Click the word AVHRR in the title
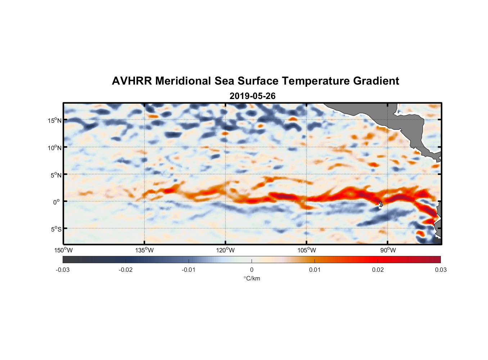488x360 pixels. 132,81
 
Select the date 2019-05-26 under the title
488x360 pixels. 252,96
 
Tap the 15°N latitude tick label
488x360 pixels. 55,121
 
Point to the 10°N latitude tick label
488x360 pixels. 55,148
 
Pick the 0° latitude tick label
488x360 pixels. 57,202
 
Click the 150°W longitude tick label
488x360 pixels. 63,250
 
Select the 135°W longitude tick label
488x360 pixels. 144,250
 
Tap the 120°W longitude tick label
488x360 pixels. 226,250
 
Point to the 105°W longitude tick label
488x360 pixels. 307,250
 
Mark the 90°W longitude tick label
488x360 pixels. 388,250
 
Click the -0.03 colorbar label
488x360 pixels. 63,270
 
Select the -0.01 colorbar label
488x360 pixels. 189,270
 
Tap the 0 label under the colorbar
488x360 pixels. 252,270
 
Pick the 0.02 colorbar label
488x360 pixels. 378,270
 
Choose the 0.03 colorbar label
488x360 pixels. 440,270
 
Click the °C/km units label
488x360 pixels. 252,278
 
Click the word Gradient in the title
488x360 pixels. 376,81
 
